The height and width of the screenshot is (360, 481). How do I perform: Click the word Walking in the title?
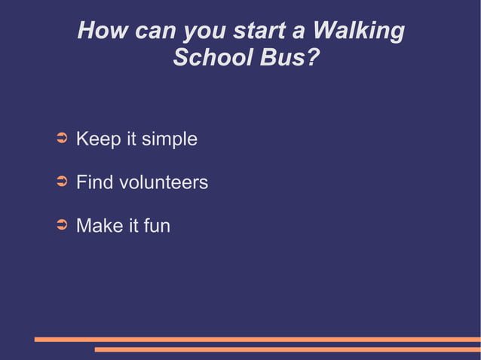358,32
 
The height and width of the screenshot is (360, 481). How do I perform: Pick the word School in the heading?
212,58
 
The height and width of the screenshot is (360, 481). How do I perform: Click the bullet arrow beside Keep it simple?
63,139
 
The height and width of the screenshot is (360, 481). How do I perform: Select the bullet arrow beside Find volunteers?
63,182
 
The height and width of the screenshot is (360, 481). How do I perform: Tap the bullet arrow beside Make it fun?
63,224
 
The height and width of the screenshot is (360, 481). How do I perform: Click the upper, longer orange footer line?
257,339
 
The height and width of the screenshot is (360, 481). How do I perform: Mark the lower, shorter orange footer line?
287,349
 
